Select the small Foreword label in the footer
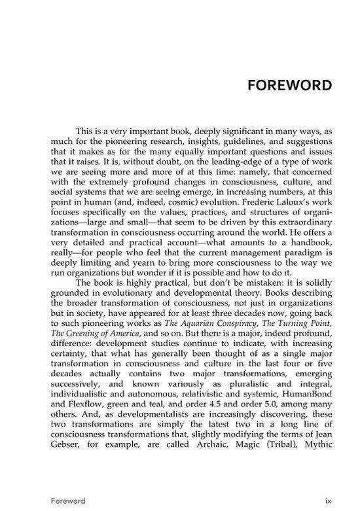click(68, 501)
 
